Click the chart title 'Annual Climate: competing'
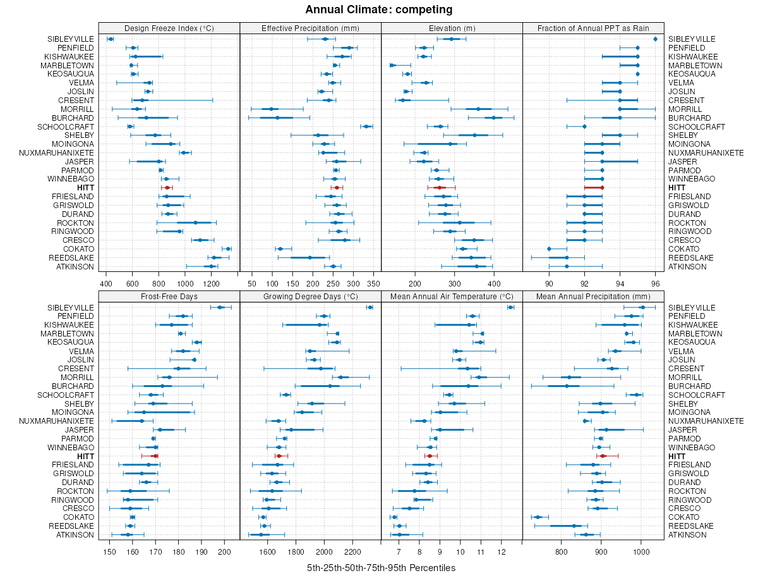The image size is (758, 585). [378, 9]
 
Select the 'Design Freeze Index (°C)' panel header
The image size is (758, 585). [169, 28]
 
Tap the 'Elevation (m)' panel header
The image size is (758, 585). [452, 28]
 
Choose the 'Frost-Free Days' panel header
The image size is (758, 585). [169, 296]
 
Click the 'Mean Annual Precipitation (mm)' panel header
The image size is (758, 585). [593, 296]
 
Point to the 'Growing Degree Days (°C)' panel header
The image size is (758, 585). [310, 296]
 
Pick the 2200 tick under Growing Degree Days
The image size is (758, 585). [352, 550]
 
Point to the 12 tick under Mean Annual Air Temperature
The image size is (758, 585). [502, 550]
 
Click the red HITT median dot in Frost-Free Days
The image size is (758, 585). [155, 455]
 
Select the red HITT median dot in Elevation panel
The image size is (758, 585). [439, 188]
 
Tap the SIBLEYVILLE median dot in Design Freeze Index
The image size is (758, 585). [111, 39]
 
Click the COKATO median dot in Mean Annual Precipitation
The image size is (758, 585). [538, 517]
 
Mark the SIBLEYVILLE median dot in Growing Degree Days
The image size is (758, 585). [370, 307]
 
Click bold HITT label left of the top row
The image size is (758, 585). [85, 188]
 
